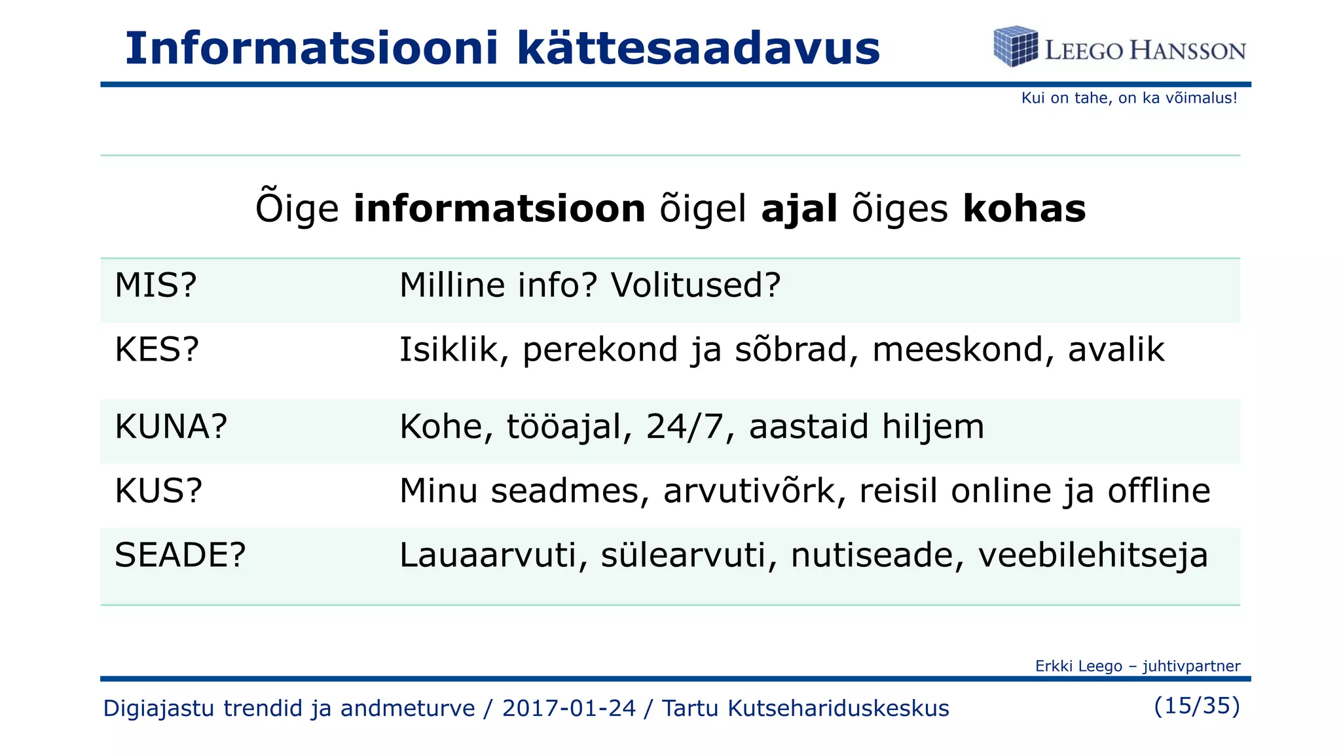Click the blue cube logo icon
pyautogui.click(x=1015, y=46)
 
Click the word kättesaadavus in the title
pyautogui.click(x=698, y=48)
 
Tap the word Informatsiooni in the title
pyautogui.click(x=312, y=48)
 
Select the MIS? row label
pyautogui.click(x=156, y=285)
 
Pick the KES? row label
pyautogui.click(x=156, y=350)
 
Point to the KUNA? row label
pyautogui.click(x=171, y=427)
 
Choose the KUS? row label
pyautogui.click(x=158, y=491)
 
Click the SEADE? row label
pyautogui.click(x=180, y=555)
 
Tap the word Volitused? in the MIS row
pyautogui.click(x=695, y=285)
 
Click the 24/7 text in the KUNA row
pyautogui.click(x=685, y=427)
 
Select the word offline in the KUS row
pyautogui.click(x=1158, y=491)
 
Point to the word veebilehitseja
pyautogui.click(x=1093, y=555)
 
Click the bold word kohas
pyautogui.click(x=1024, y=209)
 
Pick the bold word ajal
pyautogui.click(x=799, y=209)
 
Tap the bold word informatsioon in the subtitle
pyautogui.click(x=500, y=209)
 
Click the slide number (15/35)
pyautogui.click(x=1197, y=706)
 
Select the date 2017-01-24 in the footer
pyautogui.click(x=568, y=708)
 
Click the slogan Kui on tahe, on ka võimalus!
pyautogui.click(x=1129, y=98)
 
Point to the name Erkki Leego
pyautogui.click(x=1078, y=666)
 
